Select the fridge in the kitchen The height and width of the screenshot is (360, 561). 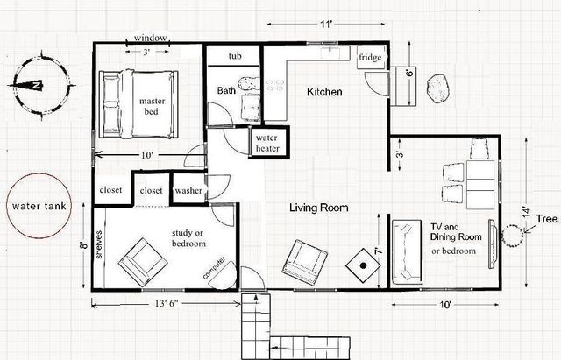pos(366,58)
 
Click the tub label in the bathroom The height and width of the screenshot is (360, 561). pos(234,56)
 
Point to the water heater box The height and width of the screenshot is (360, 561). pos(266,144)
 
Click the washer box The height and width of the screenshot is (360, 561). pos(188,190)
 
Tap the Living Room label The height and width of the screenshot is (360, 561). pos(320,208)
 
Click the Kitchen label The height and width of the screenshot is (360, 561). pos(323,92)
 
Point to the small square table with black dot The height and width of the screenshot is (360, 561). pos(361,265)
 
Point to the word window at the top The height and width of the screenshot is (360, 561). pos(151,39)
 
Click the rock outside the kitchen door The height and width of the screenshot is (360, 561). pos(436,87)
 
